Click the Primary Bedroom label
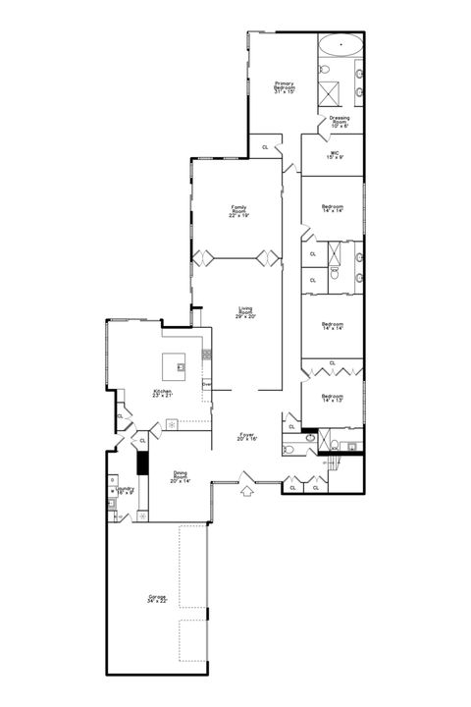point(285,87)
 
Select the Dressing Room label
point(340,122)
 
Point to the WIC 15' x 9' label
point(334,155)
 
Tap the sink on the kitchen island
point(182,368)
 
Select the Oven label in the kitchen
point(207,385)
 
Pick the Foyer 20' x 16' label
point(247,436)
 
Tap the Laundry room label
point(125,490)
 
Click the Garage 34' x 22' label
point(159,599)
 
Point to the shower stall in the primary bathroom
point(334,90)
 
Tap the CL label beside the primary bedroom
point(265,147)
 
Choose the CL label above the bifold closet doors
point(333,363)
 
